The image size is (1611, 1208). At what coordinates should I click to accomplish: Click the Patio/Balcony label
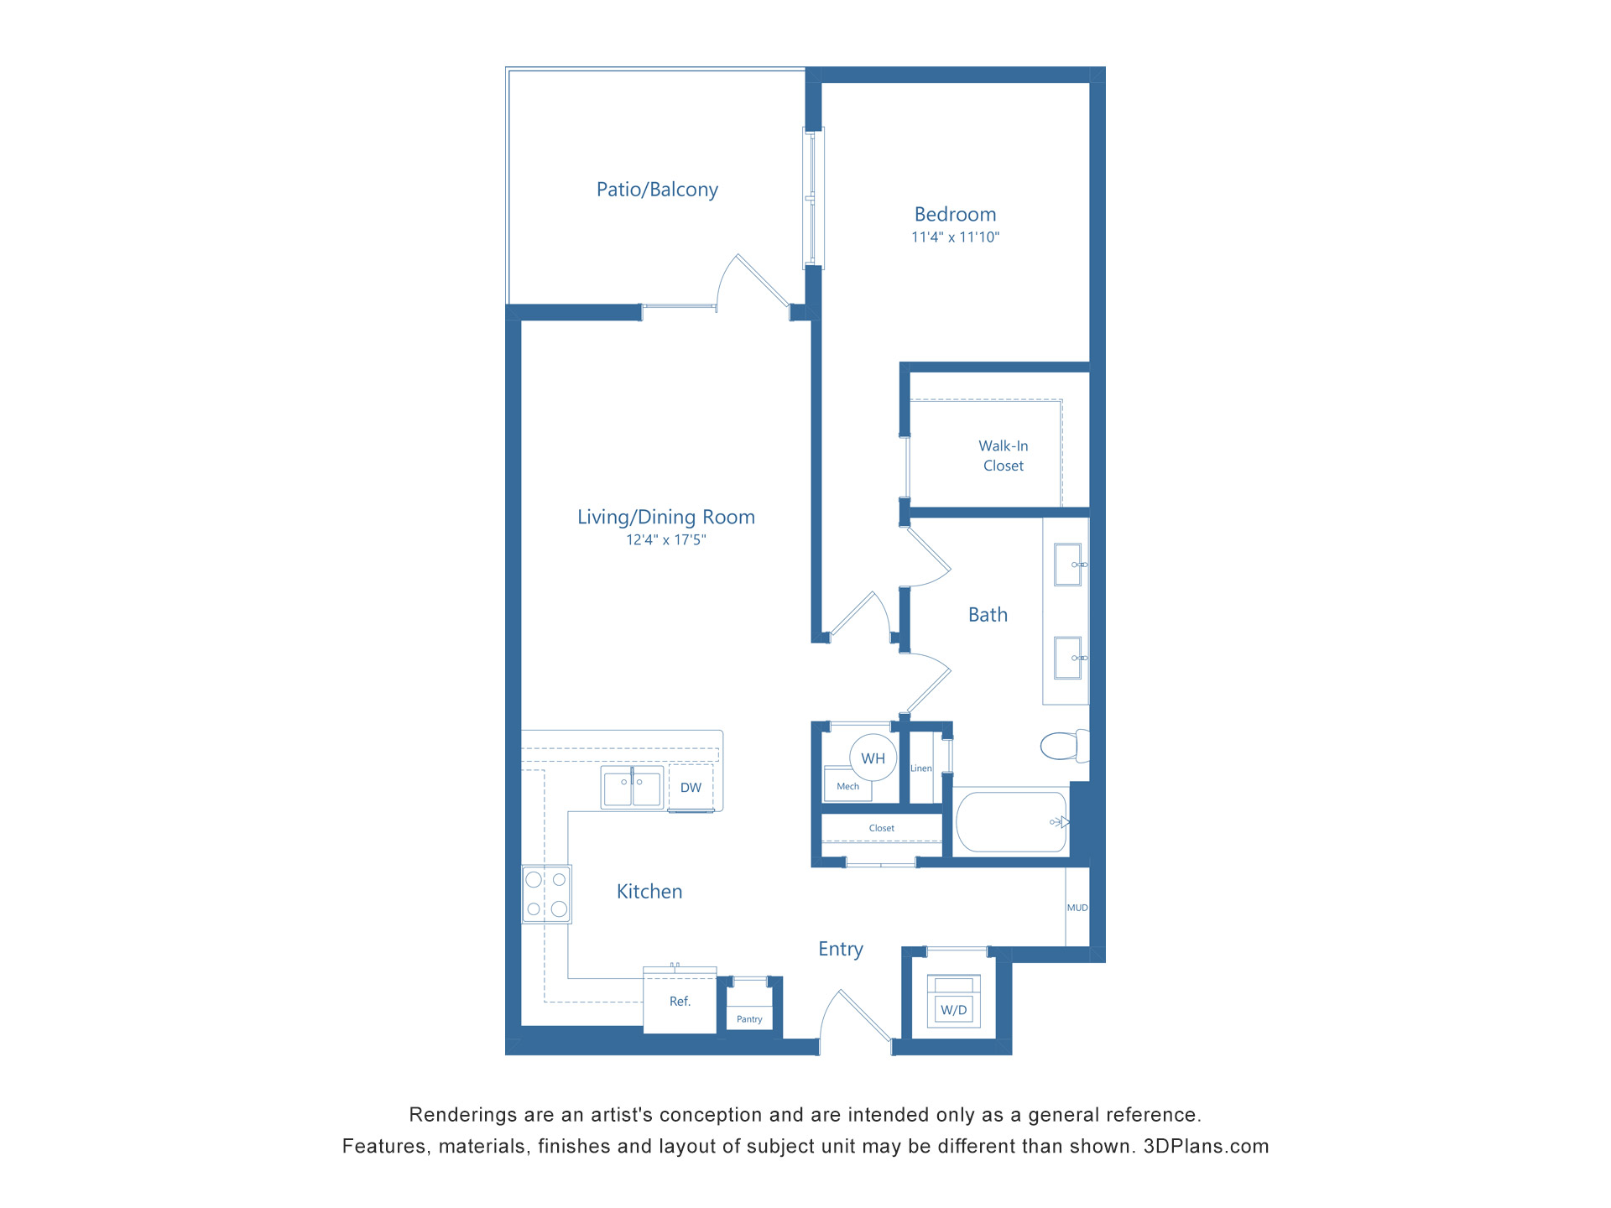[x=657, y=190]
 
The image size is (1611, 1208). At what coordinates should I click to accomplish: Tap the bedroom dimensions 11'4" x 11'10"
[x=955, y=237]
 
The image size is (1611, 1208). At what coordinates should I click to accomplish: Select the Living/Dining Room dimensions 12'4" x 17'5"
[x=665, y=540]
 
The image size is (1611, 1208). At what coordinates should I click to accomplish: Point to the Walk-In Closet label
[x=1003, y=456]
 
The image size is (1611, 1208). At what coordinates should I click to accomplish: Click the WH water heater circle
[x=873, y=758]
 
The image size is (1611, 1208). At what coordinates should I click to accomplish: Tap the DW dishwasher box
[x=691, y=788]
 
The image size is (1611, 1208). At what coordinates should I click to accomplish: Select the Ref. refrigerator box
[x=680, y=1002]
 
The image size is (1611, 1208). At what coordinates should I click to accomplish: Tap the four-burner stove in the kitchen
[x=546, y=894]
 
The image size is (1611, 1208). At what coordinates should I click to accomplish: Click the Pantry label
[x=749, y=1019]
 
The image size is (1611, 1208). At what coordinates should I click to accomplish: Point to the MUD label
[x=1077, y=908]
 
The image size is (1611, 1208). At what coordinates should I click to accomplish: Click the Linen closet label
[x=920, y=768]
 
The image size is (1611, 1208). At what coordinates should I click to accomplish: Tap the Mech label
[x=847, y=787]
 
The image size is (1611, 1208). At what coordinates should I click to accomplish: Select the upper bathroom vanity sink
[x=1068, y=565]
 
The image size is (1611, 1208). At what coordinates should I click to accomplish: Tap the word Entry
[x=840, y=949]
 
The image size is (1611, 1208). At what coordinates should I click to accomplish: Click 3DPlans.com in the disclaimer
[x=1206, y=1147]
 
